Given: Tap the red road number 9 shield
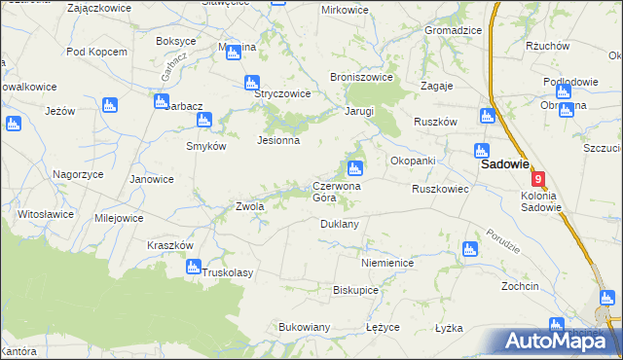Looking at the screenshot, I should (x=538, y=180).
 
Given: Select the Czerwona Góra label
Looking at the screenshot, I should (x=337, y=191).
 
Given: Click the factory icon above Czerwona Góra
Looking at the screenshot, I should (x=356, y=169).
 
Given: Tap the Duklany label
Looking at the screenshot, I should (x=340, y=224).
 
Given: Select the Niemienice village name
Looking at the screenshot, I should (x=387, y=264).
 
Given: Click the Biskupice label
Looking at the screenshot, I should (x=355, y=290).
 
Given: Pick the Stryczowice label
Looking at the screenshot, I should (x=282, y=94).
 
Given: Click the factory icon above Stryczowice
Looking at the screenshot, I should (x=252, y=83).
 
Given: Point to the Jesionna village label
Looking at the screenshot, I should (x=277, y=140).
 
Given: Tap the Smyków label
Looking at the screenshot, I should (x=206, y=146).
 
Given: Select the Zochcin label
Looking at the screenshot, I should (x=520, y=287).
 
